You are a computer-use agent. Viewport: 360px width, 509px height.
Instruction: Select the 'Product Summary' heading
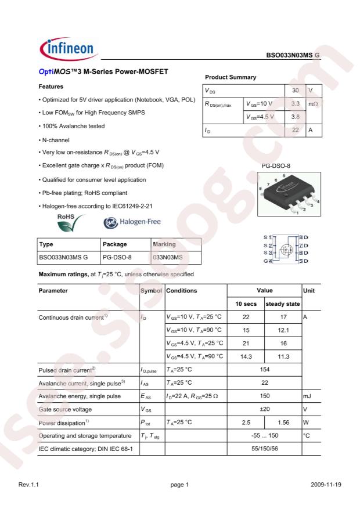[231, 78]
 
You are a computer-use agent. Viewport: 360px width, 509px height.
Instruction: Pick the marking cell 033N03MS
[167, 257]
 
